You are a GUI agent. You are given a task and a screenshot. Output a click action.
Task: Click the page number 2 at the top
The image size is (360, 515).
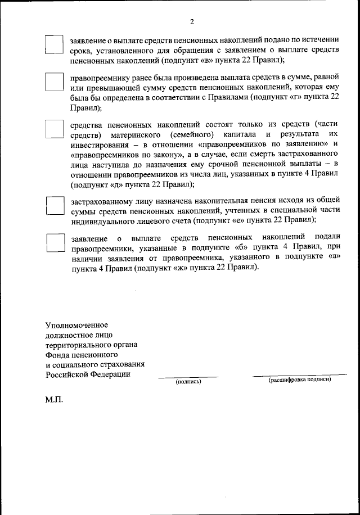tap(192, 22)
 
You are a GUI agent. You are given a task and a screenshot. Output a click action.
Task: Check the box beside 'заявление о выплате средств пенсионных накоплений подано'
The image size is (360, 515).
tap(55, 45)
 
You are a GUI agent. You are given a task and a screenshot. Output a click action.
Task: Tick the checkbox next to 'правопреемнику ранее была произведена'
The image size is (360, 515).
tap(55, 82)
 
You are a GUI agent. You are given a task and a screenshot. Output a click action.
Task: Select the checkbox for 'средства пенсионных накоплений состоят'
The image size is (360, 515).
tap(55, 129)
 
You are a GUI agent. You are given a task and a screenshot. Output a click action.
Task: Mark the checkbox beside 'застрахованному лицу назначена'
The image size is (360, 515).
tap(55, 206)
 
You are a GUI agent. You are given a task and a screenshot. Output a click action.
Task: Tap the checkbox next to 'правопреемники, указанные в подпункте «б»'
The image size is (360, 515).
tap(55, 243)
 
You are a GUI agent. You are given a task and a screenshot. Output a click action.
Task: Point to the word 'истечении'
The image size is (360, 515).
tap(319, 40)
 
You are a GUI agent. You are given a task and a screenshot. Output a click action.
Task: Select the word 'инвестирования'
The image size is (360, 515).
tap(99, 145)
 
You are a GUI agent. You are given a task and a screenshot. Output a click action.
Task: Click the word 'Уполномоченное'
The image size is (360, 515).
tap(76, 325)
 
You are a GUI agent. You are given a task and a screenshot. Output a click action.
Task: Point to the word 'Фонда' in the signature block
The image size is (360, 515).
tap(58, 355)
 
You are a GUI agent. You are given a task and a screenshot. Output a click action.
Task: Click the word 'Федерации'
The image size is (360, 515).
tap(111, 375)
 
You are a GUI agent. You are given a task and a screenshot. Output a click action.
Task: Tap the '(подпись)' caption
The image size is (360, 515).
tap(188, 382)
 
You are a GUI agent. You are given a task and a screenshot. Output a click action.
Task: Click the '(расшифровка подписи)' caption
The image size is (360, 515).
tap(300, 380)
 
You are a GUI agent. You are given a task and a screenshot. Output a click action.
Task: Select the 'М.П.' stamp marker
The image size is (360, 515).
tap(55, 401)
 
